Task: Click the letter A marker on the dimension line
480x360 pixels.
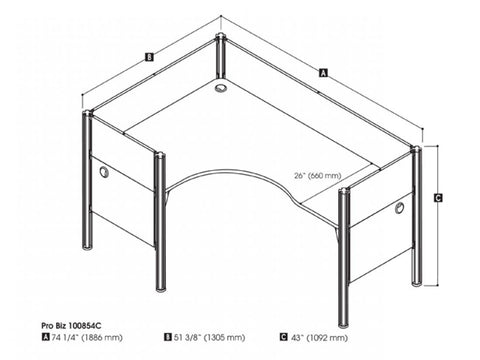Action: pyautogui.click(x=322, y=72)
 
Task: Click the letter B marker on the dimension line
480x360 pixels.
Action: pyautogui.click(x=148, y=57)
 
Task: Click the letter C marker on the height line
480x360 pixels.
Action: pyautogui.click(x=439, y=198)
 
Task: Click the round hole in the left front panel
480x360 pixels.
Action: pyautogui.click(x=104, y=174)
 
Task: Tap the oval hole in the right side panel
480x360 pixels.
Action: pyautogui.click(x=399, y=208)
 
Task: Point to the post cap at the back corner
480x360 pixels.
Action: pyautogui.click(x=220, y=39)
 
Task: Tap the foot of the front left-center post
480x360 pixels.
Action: pyautogui.click(x=160, y=288)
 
